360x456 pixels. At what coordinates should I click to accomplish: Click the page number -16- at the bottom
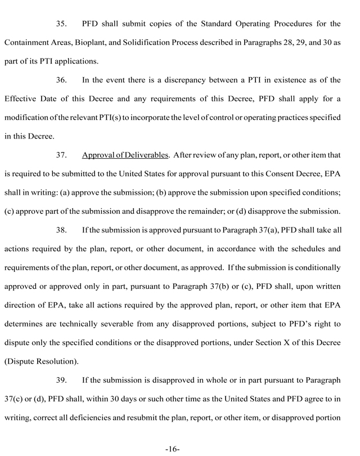(173, 449)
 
